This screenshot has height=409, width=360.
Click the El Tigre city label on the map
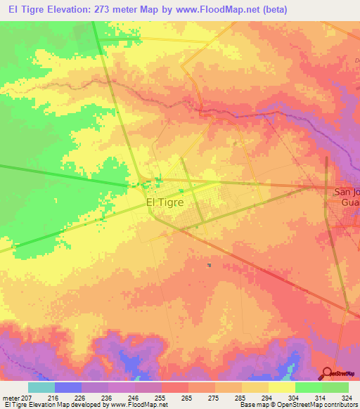[165, 202]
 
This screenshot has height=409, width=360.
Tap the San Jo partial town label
[346, 191]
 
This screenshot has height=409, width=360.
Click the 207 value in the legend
[26, 397]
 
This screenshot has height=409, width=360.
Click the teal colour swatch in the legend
[41, 387]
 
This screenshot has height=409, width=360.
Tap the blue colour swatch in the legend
[68, 387]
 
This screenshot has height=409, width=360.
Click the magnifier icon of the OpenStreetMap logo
[326, 373]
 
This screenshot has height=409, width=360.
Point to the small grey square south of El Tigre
[209, 265]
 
